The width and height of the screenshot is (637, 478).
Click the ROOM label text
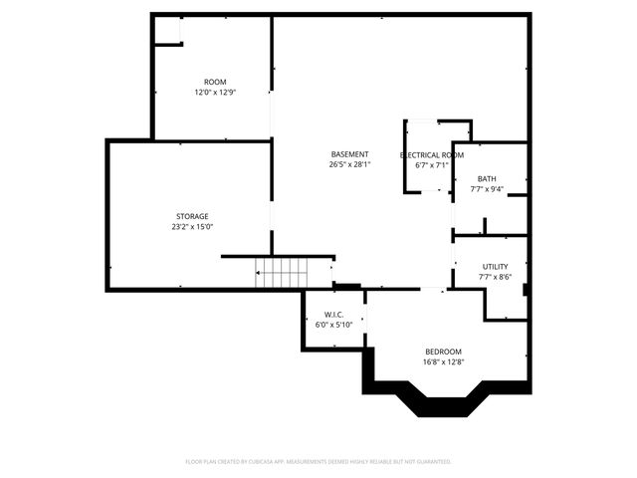click(215, 82)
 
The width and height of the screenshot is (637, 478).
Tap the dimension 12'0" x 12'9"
click(215, 93)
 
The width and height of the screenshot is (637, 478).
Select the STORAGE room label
click(192, 216)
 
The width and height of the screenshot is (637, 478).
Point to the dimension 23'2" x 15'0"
click(192, 227)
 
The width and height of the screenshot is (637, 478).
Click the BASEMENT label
click(349, 154)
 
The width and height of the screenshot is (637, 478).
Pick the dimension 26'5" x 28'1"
click(349, 165)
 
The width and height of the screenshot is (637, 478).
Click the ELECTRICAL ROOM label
click(431, 155)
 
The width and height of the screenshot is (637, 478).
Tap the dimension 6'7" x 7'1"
click(431, 165)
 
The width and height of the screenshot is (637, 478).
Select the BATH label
click(487, 179)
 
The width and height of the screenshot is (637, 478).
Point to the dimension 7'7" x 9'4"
click(487, 189)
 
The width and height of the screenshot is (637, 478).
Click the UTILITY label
click(495, 266)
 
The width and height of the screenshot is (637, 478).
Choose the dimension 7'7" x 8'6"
click(495, 277)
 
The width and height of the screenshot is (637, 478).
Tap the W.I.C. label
click(332, 315)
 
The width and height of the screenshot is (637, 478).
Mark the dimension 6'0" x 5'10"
click(332, 325)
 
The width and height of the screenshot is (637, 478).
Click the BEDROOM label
click(443, 352)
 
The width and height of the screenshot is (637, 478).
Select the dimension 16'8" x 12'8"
click(443, 362)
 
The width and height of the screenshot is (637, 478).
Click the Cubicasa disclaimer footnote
click(318, 461)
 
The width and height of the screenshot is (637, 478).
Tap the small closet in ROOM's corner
click(166, 30)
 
